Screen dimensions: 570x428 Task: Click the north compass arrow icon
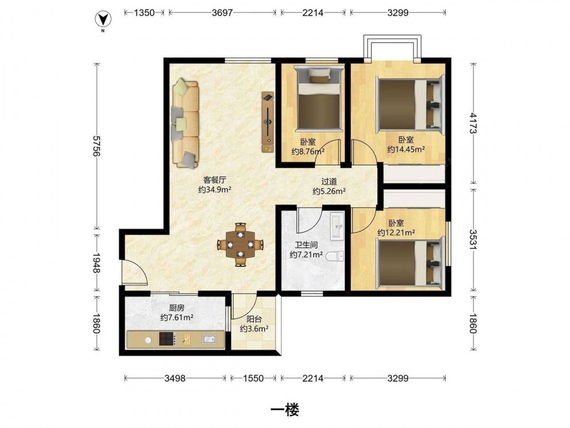(x=103, y=19)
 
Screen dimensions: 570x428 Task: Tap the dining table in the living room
(x=240, y=245)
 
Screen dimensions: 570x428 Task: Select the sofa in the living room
(x=186, y=124)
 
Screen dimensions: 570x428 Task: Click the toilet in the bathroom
(x=335, y=257)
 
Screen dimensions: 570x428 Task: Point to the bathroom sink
(x=337, y=227)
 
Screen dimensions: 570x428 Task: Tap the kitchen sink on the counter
(x=209, y=339)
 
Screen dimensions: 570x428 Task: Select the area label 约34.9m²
(x=215, y=189)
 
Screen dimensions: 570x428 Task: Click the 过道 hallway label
(x=329, y=181)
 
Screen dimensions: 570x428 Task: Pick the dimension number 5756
(x=96, y=146)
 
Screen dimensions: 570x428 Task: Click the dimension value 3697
(x=222, y=13)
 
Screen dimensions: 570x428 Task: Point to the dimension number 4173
(x=473, y=123)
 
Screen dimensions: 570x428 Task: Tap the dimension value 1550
(x=254, y=378)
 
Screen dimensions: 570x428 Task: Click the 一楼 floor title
(x=285, y=410)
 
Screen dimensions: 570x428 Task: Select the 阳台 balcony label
(x=254, y=320)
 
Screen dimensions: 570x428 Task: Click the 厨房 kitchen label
(x=177, y=308)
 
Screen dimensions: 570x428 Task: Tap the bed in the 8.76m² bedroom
(x=319, y=99)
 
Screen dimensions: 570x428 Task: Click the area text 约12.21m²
(x=396, y=233)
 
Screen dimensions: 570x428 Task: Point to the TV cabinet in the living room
(x=267, y=122)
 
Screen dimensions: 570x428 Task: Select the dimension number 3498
(x=175, y=378)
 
